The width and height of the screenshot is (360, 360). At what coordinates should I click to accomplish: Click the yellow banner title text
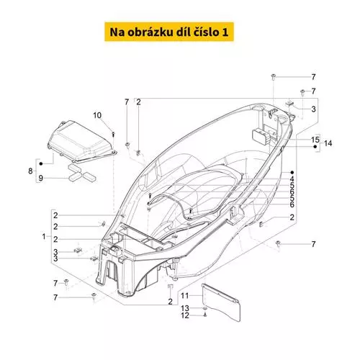coord(169,32)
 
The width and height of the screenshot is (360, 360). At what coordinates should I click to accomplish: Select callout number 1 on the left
coord(44,236)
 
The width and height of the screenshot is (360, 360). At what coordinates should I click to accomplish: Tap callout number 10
coord(97,115)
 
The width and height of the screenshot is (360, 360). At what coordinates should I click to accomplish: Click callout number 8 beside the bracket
coord(30,171)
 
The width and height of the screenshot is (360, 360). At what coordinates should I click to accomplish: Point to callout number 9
coord(40,178)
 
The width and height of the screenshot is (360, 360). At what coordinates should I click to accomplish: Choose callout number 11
coord(184,295)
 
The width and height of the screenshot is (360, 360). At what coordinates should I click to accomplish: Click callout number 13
coord(185,308)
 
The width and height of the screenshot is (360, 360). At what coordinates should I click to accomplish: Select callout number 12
coord(185,315)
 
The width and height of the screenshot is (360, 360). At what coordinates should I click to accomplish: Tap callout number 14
coord(328,143)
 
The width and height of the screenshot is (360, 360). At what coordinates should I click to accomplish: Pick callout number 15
coord(315,140)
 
